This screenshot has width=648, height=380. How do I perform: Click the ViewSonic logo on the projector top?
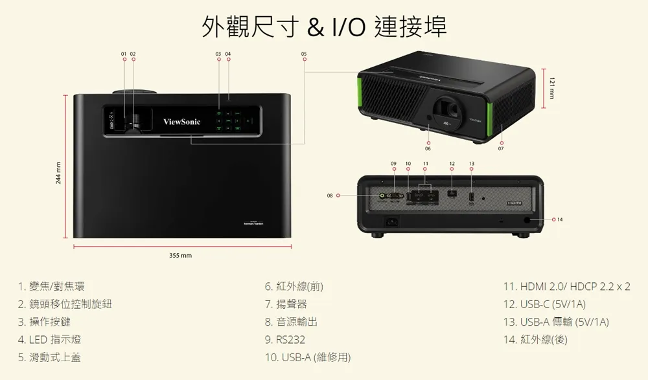182,122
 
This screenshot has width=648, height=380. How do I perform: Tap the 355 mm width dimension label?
180,256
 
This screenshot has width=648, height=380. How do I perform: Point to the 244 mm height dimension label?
59,172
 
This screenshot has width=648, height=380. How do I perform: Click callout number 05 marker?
304,60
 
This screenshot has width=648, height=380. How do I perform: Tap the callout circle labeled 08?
337,195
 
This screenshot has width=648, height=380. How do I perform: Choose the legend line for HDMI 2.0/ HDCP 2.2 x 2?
566,286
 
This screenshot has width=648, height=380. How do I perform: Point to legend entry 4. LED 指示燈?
50,340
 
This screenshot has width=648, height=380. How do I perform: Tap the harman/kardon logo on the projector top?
253,224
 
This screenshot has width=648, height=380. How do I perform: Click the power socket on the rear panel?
392,221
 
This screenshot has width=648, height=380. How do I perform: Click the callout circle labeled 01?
123,60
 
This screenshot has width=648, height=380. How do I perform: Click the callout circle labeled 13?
471,170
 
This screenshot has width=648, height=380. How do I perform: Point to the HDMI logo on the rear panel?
515,203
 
